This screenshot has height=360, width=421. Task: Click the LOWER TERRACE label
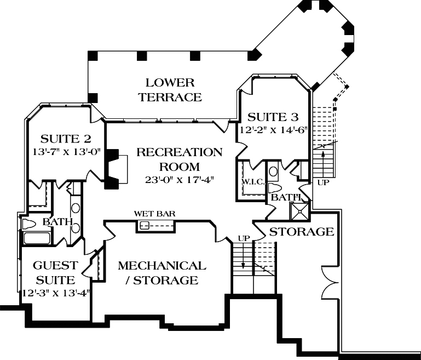[x=170, y=90]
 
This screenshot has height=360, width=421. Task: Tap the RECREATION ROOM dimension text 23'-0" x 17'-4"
[x=180, y=179]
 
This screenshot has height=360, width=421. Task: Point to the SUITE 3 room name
[x=273, y=117]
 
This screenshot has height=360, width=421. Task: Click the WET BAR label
[x=155, y=214]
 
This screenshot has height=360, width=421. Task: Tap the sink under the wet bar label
[x=146, y=225]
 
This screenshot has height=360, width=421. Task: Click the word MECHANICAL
[x=162, y=266]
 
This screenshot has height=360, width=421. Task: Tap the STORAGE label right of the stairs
[x=302, y=231]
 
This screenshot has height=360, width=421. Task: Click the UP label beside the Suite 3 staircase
[x=323, y=182]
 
